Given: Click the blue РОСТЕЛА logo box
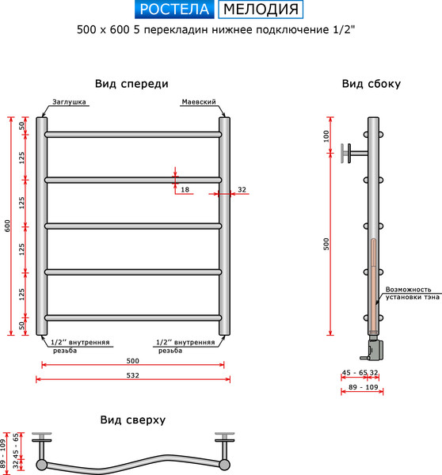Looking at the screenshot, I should pos(173,9).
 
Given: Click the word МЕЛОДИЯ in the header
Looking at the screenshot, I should pos(261,9).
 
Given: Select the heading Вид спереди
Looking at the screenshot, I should pos(131,84).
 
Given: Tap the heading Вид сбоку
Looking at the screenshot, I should pos(371,84).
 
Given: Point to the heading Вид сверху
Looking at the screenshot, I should pos(132,420).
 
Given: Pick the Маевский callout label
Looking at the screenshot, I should pos(199,102).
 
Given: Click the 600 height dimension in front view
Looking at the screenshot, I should pos(8,226).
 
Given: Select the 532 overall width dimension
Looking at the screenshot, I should pos(132,375).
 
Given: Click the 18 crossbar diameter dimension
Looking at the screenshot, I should pos(185,190).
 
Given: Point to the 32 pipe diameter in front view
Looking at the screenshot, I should pos(242,190).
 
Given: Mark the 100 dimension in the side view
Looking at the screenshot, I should pos(326,135).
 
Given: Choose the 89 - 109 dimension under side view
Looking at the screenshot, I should pos(362,388).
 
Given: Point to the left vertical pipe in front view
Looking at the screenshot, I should pos(42,226).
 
